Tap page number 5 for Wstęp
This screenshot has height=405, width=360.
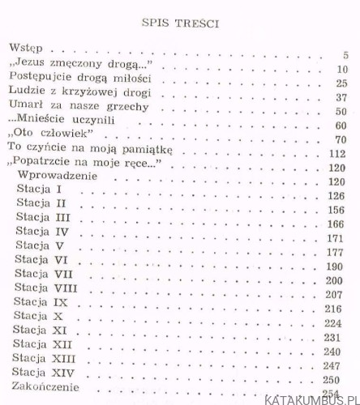click(x=344, y=55)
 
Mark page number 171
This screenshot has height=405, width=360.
click(x=336, y=240)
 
